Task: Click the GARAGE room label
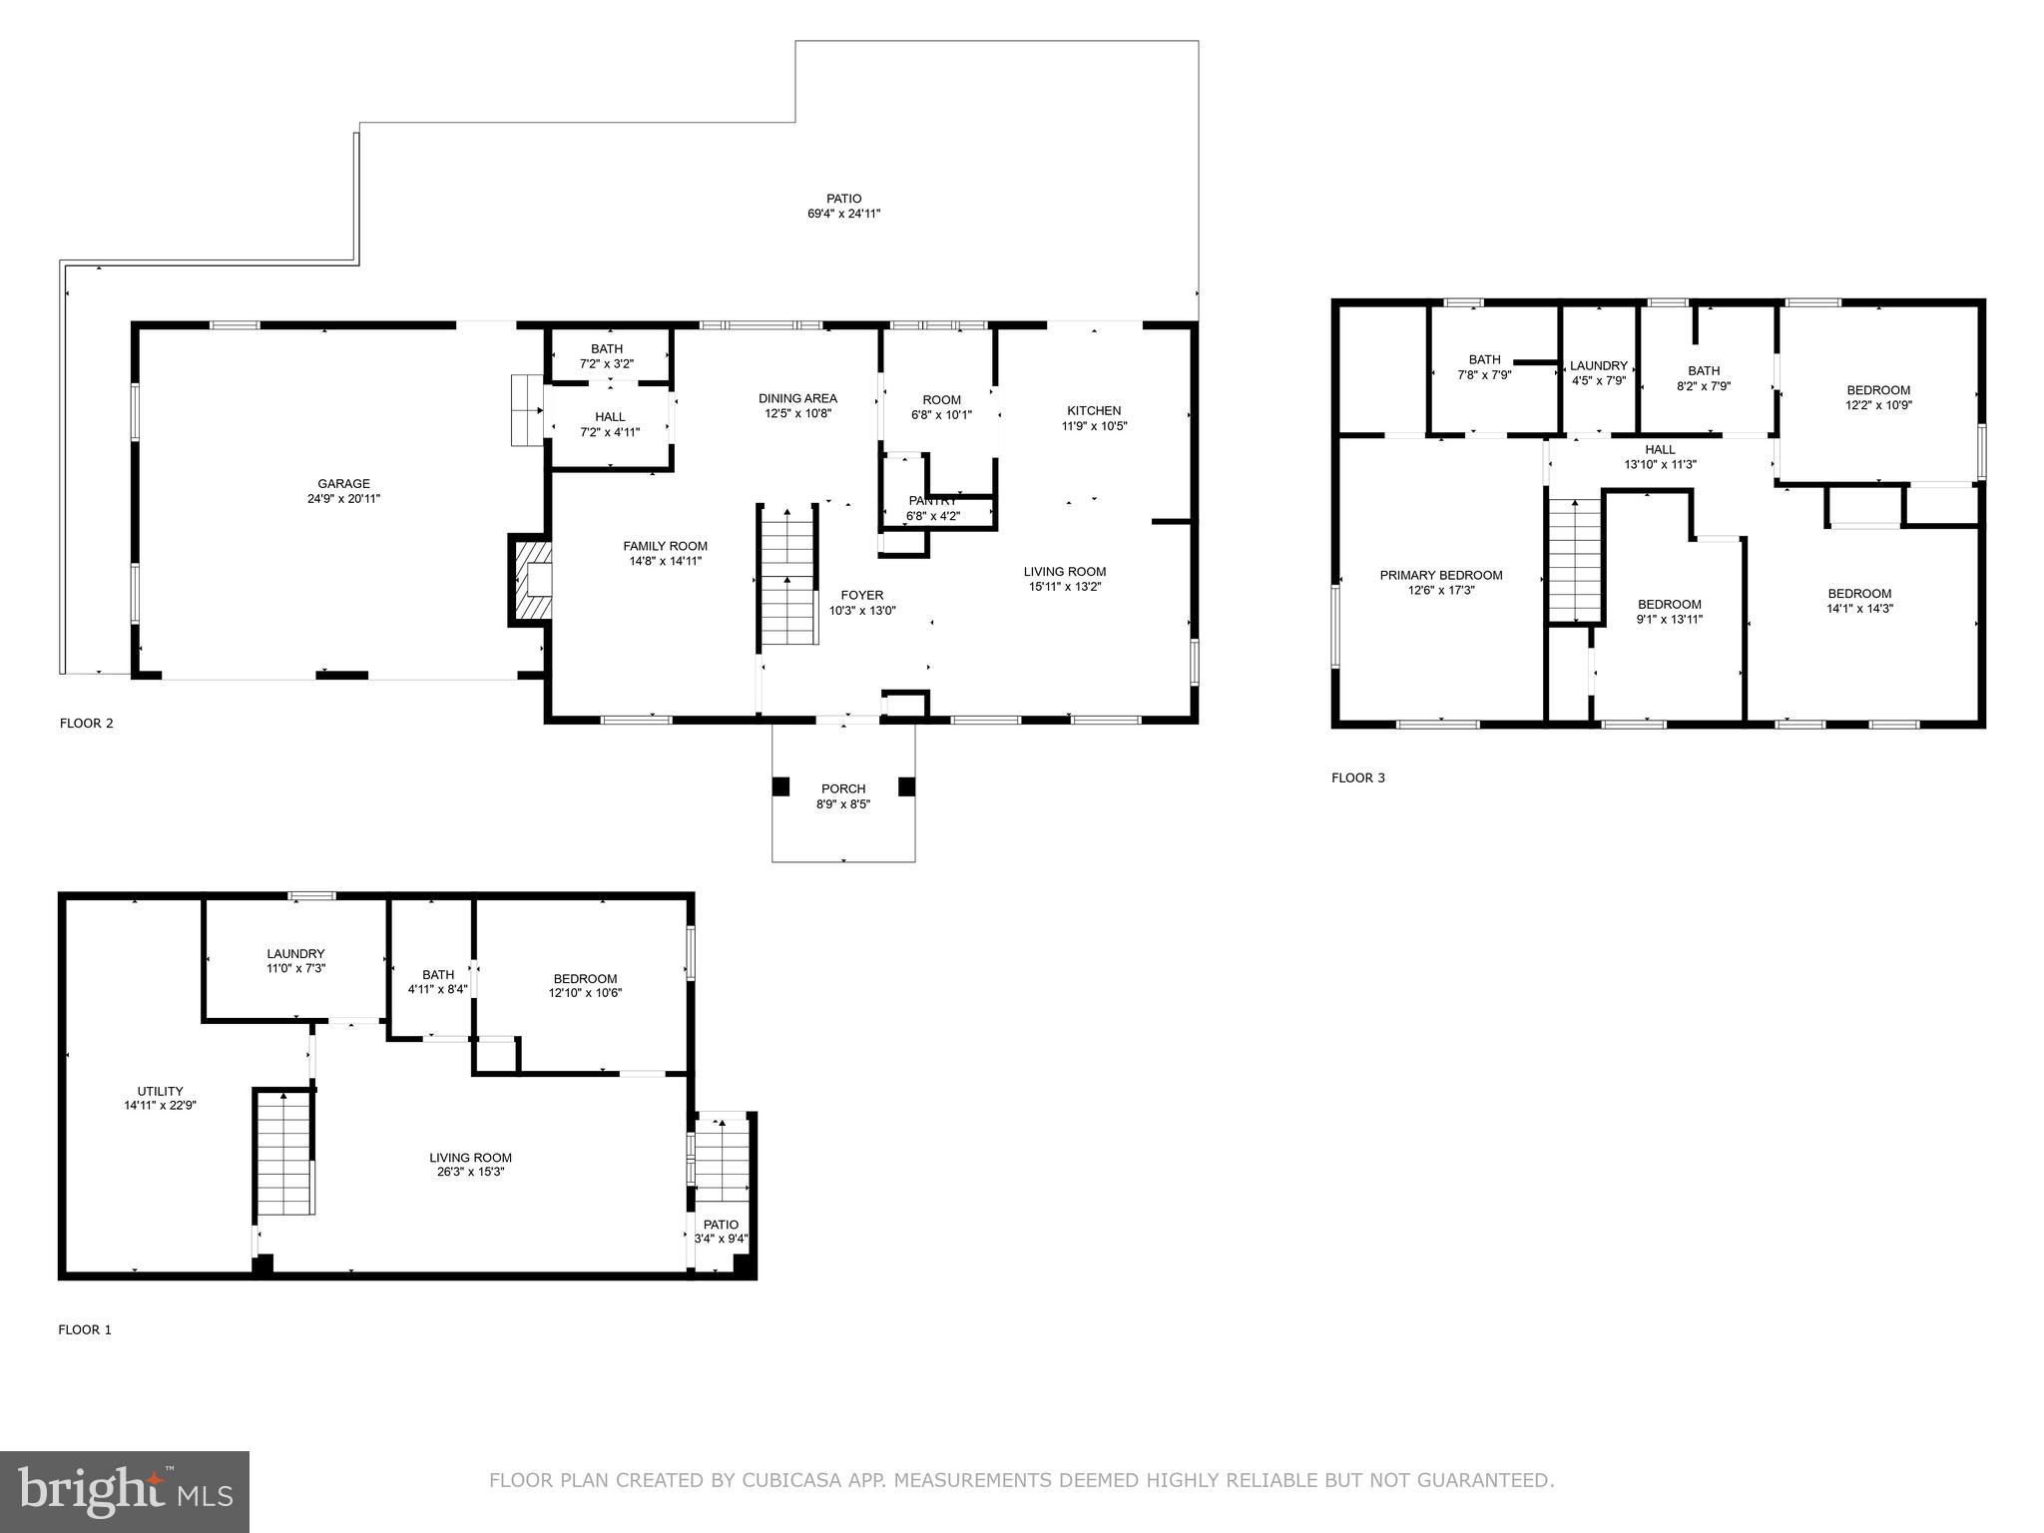343,484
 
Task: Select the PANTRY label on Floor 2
932,501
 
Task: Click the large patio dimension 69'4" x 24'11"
843,214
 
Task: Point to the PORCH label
843,788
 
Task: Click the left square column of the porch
780,786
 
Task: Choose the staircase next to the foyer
788,576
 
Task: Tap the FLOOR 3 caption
1357,777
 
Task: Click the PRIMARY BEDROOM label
1440,575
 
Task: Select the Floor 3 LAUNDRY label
1598,365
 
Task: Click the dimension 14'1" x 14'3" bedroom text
1859,608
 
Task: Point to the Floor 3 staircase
1574,560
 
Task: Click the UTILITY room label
160,1091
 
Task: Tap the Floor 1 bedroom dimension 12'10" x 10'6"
585,993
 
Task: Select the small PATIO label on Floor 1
721,1225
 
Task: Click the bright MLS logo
125,1492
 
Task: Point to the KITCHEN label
1094,410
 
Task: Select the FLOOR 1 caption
85,1329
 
